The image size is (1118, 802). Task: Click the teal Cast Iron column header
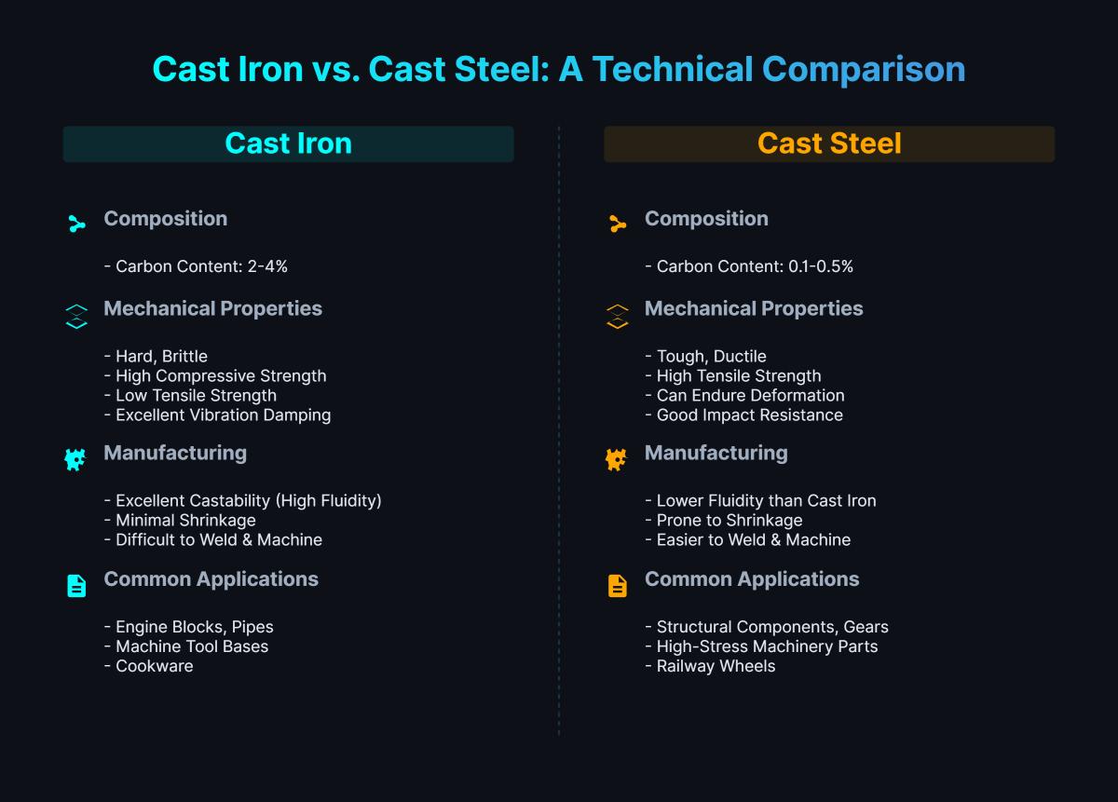(288, 144)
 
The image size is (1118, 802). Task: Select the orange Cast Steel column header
(829, 144)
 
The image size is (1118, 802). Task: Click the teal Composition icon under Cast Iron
(76, 224)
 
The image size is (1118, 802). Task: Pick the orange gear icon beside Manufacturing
(617, 458)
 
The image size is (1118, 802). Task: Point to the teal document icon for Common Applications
(76, 585)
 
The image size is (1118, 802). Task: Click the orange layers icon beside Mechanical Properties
(617, 316)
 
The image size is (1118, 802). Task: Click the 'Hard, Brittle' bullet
(156, 356)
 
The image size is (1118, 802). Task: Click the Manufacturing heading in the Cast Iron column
(175, 453)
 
